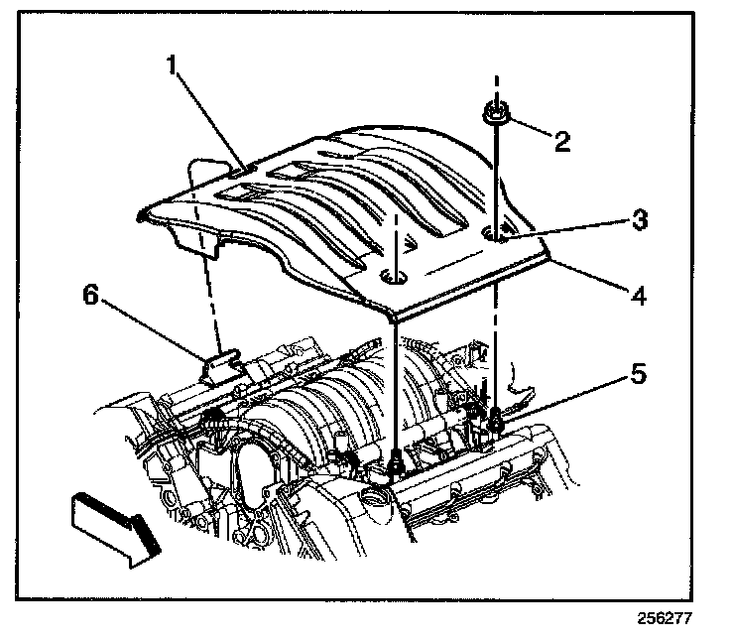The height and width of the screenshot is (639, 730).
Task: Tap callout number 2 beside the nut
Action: pos(561,140)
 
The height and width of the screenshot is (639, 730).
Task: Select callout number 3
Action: pos(641,219)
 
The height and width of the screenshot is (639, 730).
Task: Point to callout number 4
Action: pos(639,295)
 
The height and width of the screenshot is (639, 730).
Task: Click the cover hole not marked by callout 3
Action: pos(395,277)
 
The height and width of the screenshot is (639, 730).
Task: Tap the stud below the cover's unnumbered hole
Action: pos(396,459)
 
